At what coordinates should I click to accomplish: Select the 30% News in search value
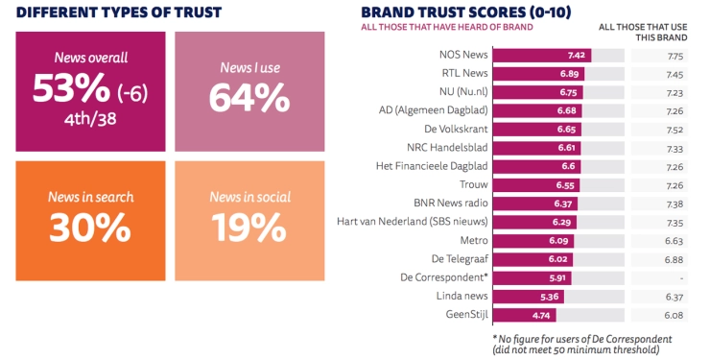(x=89, y=227)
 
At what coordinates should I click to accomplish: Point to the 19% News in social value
(x=247, y=227)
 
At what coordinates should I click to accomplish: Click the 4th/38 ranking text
(x=90, y=121)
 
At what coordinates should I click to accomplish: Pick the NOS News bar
(x=541, y=56)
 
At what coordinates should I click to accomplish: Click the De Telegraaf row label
(x=459, y=258)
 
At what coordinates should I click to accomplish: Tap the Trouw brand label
(x=472, y=184)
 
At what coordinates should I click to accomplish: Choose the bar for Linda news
(x=528, y=296)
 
